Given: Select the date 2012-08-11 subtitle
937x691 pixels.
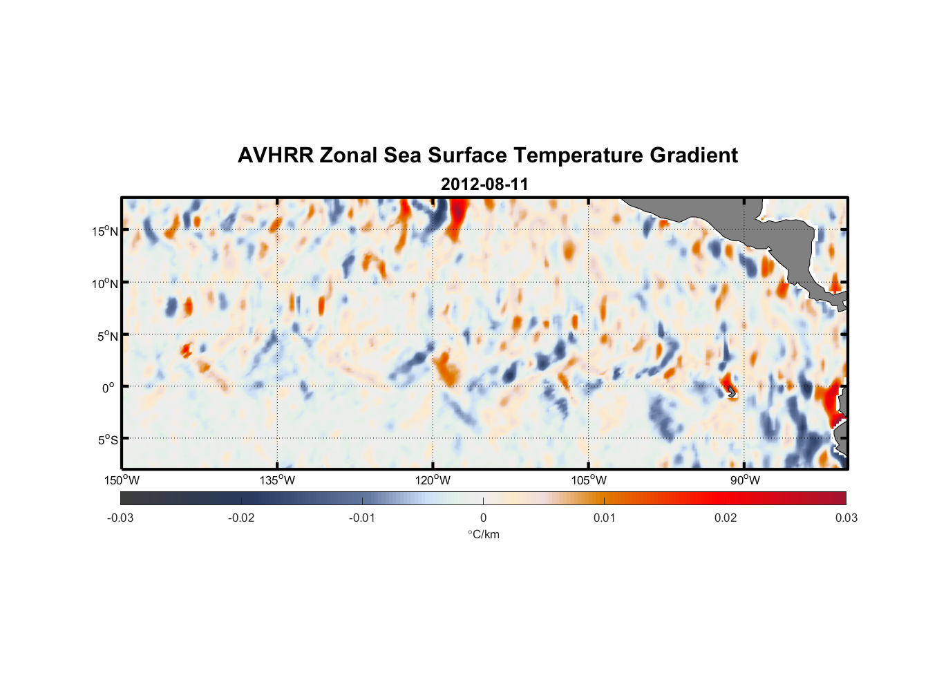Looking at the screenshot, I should [x=484, y=184].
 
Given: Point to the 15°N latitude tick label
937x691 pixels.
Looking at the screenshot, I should [x=105, y=231].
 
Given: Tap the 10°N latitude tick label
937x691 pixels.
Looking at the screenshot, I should [x=105, y=283].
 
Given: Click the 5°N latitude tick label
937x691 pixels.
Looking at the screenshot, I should [x=107, y=336].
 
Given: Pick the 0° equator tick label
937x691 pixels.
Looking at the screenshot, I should [x=108, y=388].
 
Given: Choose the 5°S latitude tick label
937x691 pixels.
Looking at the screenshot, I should [x=107, y=440].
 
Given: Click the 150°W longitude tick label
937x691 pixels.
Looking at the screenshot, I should [x=122, y=480].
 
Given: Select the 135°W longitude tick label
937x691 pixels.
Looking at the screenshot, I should [x=278, y=480].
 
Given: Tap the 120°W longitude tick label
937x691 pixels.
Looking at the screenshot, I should [x=433, y=480].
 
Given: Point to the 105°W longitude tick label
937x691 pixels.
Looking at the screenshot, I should [x=589, y=480].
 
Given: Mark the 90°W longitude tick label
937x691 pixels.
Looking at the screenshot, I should [x=745, y=480].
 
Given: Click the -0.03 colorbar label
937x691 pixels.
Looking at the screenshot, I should [x=120, y=518].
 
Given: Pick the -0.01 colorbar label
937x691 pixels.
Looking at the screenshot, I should [x=362, y=518].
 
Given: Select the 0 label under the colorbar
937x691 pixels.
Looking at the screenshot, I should [x=483, y=518].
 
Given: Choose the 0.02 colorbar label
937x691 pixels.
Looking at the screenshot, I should [x=726, y=518].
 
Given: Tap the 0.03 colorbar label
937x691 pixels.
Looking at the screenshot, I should [x=846, y=518].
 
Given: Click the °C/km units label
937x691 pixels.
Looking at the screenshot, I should [x=484, y=534].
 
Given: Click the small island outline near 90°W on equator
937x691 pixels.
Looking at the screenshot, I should [x=732, y=392].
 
